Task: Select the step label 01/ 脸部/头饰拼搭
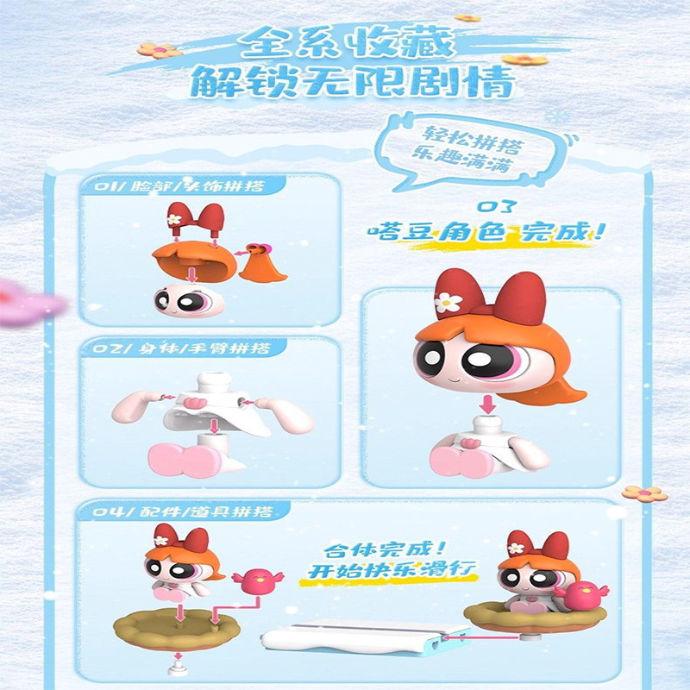(179, 186)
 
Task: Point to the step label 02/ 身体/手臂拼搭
(181, 349)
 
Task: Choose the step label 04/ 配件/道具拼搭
(183, 511)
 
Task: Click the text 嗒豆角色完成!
(487, 232)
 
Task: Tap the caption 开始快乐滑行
(392, 570)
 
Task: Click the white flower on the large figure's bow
(448, 303)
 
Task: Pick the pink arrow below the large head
(486, 404)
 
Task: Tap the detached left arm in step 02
(135, 407)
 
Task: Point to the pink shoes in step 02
(184, 460)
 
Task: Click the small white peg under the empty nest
(178, 666)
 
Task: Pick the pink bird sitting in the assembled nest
(581, 594)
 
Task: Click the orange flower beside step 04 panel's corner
(644, 493)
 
